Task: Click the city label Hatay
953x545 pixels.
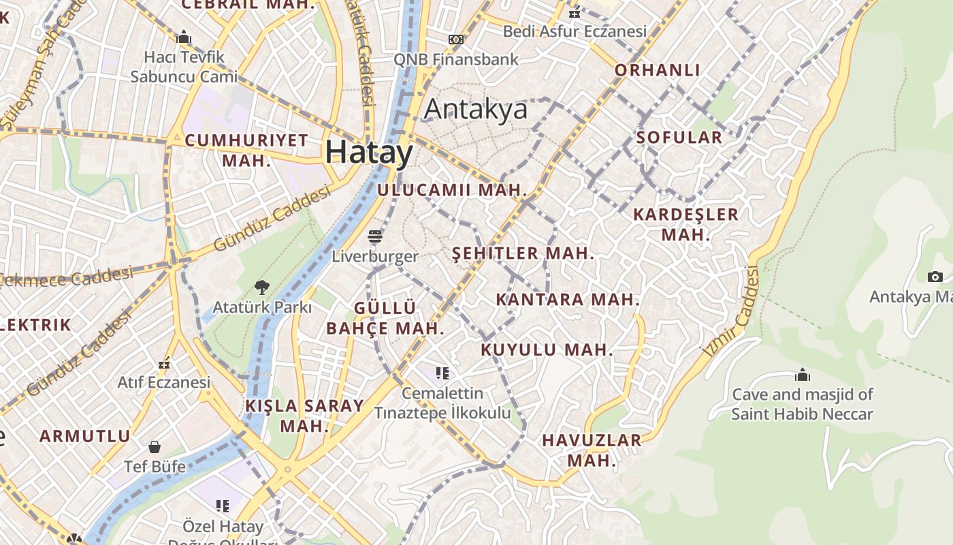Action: (369, 152)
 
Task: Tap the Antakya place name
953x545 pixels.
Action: (476, 109)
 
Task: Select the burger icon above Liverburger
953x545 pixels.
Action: (375, 236)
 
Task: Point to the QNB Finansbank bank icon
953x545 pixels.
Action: (456, 40)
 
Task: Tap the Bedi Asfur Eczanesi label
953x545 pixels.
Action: (575, 31)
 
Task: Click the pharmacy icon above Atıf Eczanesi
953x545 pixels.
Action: (163, 364)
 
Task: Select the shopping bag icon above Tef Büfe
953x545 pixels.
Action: (155, 447)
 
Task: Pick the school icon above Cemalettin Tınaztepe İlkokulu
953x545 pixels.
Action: (442, 373)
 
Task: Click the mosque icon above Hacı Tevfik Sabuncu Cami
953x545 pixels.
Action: (184, 37)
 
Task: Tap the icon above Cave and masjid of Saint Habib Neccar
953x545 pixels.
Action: (803, 375)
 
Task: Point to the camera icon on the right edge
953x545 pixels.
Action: (935, 277)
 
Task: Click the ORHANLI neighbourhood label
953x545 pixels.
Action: (657, 70)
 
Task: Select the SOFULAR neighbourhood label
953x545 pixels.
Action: (679, 138)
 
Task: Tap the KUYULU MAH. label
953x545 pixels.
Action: (547, 350)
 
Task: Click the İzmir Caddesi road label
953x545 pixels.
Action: (732, 312)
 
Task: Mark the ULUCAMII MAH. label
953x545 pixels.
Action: (452, 190)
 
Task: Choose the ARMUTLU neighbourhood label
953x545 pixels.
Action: (84, 436)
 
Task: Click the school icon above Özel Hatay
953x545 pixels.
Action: (223, 505)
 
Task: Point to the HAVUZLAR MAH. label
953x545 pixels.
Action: (592, 450)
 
